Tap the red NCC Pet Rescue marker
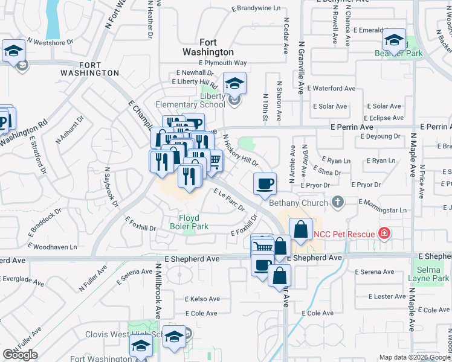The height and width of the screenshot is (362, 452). coord(383,233)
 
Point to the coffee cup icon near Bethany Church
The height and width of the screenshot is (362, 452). coord(263,183)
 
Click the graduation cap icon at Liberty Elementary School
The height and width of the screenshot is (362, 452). coord(234,83)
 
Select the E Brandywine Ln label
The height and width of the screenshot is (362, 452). coord(256,9)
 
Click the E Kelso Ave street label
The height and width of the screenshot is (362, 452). coord(202,299)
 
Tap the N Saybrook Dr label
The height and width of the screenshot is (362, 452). coord(111,187)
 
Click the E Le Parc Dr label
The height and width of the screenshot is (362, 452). coord(229,200)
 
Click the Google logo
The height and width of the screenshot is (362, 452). coord(20,355)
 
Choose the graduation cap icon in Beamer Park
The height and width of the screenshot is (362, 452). coord(394,41)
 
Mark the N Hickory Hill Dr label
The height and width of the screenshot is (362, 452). coord(240,150)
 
